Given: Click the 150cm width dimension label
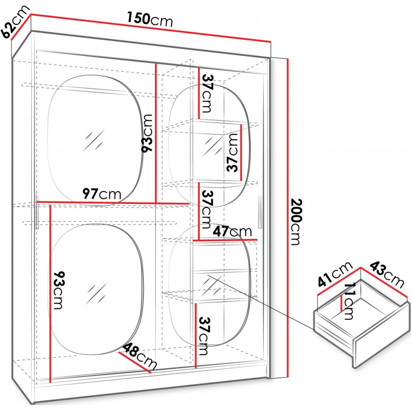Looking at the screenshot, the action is (150, 19).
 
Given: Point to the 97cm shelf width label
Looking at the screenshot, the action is (102, 194).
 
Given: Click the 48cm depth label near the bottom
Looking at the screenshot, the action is (140, 356).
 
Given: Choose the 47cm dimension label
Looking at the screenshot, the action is (232, 231).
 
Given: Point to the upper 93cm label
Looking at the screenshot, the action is (147, 133).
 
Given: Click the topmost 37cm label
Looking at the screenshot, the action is (207, 94).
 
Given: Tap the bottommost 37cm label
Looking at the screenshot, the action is (205, 336).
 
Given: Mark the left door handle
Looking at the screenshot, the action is (37, 210).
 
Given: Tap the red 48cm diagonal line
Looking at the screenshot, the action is (135, 362).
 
